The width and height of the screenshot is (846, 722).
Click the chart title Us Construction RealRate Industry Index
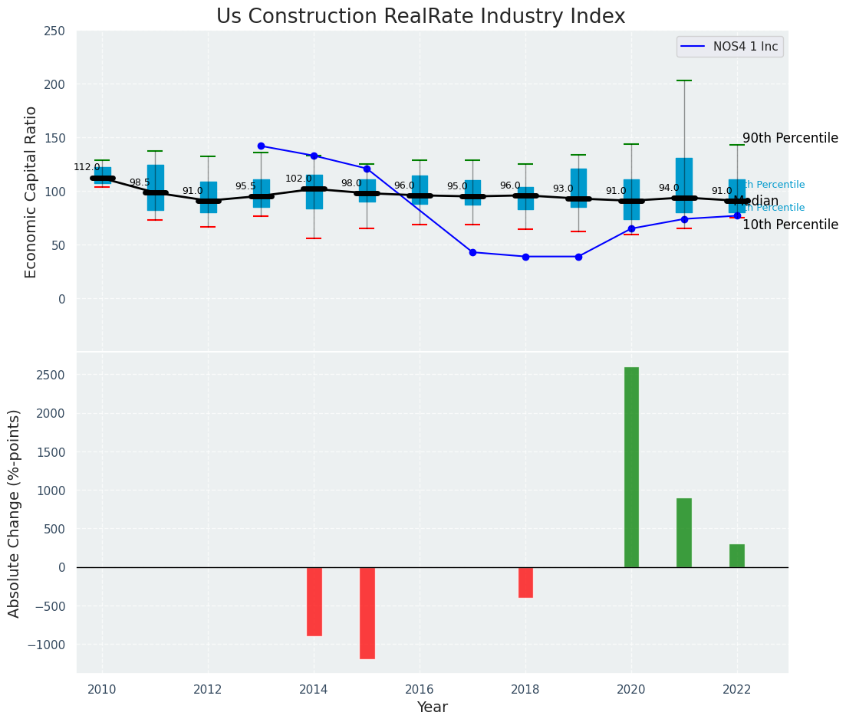[420, 17]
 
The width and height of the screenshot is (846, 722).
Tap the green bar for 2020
[631, 467]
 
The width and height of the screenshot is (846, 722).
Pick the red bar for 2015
[367, 612]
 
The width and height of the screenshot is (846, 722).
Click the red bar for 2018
[525, 582]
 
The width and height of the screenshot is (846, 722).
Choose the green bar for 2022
[737, 555]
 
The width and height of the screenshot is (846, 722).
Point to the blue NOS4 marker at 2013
[261, 146]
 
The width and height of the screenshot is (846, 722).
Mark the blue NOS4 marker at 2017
[472, 252]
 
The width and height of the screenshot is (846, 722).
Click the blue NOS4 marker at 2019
[578, 257]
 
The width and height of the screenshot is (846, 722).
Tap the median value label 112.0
[87, 167]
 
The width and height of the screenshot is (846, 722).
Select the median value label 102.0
[298, 179]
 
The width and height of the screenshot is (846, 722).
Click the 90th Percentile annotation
[790, 138]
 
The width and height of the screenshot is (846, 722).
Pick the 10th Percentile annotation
[790, 225]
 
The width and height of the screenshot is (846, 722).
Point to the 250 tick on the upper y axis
[54, 31]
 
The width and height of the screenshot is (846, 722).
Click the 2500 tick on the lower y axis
[50, 375]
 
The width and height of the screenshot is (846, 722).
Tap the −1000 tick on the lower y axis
[46, 645]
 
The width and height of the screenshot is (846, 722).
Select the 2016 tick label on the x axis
[419, 690]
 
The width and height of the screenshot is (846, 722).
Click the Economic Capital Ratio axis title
[31, 192]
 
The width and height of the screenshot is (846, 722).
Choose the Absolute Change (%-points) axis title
[15, 513]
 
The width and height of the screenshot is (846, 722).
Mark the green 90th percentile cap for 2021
[684, 80]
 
